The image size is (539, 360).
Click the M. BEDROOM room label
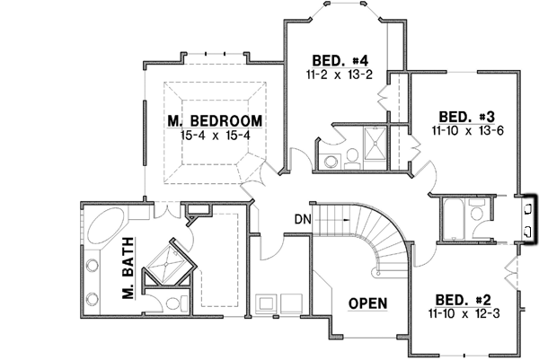pyautogui.click(x=214, y=120)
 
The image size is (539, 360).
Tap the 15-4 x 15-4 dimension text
pyautogui.click(x=214, y=135)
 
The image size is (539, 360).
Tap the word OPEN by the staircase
pyautogui.click(x=368, y=303)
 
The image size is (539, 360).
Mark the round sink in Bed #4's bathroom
pyautogui.click(x=330, y=162)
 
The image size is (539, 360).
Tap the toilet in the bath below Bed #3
pyautogui.click(x=477, y=214)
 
